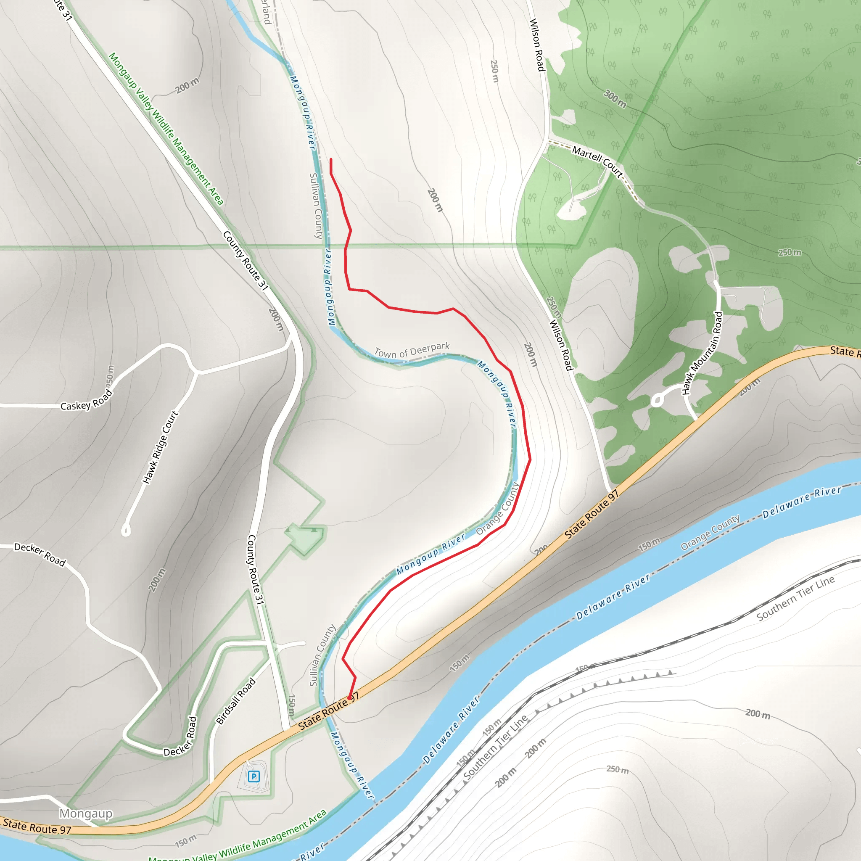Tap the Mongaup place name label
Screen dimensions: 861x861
(x=86, y=813)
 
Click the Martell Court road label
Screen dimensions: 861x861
(x=597, y=162)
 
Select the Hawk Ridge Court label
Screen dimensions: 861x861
(x=161, y=447)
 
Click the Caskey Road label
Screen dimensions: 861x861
(x=87, y=400)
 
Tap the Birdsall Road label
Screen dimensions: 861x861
(x=236, y=700)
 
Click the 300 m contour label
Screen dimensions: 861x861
(x=615, y=98)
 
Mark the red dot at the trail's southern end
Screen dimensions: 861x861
(x=350, y=698)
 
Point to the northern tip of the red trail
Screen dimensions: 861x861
(x=331, y=159)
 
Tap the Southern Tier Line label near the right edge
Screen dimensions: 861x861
(x=795, y=599)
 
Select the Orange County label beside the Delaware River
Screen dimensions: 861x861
(x=710, y=533)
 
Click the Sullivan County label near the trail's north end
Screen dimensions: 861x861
(x=316, y=206)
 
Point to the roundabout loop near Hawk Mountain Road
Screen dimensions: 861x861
(x=657, y=400)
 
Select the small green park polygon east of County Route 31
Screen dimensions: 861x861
(x=305, y=538)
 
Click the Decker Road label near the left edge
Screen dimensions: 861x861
(x=40, y=554)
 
